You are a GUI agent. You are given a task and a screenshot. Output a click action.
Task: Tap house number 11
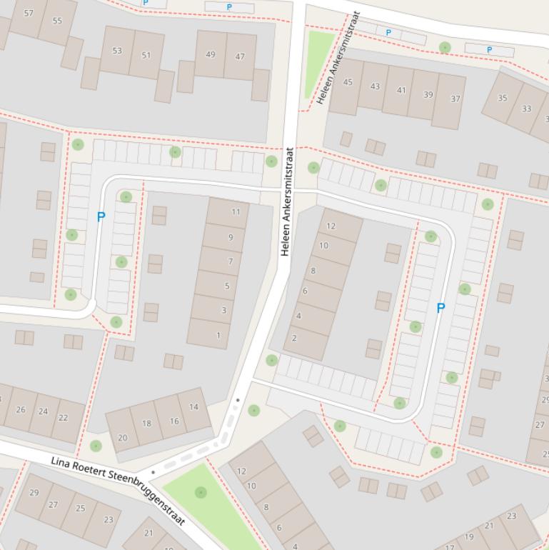click(x=236, y=211)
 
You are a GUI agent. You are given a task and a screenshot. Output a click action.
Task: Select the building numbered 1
click(x=218, y=335)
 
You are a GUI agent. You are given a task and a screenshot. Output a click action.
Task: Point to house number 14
click(x=193, y=406)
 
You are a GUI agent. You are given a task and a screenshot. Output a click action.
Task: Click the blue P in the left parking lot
click(x=101, y=216)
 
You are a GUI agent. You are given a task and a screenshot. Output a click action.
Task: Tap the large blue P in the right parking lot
click(x=440, y=308)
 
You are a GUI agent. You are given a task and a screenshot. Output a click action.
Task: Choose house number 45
click(x=348, y=82)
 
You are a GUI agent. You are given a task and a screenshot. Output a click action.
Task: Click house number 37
click(x=455, y=99)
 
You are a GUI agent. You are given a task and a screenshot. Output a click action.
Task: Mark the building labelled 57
click(x=29, y=13)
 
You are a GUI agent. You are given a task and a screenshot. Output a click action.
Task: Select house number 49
click(x=210, y=54)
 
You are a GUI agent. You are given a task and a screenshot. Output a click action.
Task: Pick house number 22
click(x=64, y=418)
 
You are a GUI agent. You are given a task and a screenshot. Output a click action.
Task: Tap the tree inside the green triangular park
click(x=201, y=492)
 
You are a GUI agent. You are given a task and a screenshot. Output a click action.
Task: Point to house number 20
click(x=123, y=438)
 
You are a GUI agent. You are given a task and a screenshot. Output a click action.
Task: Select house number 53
click(x=116, y=51)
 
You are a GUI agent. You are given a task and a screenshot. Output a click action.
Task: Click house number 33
click(x=526, y=109)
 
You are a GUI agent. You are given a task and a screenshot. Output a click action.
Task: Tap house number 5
click(x=227, y=286)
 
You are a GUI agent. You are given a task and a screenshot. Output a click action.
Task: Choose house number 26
click(x=21, y=409)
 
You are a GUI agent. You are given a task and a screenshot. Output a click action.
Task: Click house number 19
click(x=469, y=536)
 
